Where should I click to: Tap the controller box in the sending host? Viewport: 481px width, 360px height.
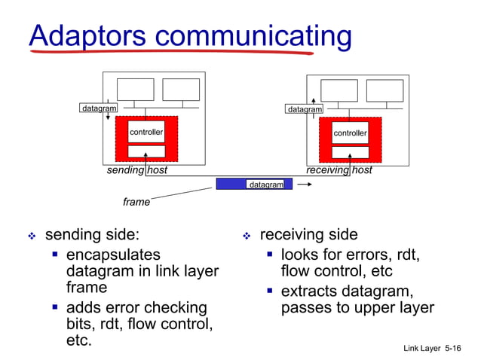[146, 133]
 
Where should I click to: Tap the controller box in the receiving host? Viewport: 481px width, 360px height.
[351, 133]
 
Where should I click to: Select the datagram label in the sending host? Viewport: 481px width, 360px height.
[99, 108]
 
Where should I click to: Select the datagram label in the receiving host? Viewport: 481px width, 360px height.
[305, 109]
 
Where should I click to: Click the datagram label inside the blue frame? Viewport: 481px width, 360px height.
[266, 185]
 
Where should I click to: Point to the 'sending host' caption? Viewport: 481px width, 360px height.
[136, 170]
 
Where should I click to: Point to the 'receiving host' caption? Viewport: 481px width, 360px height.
[339, 170]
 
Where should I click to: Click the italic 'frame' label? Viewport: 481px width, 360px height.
[136, 202]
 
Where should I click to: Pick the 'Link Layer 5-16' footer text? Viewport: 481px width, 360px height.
[432, 349]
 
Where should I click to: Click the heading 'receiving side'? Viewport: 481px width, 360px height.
[308, 235]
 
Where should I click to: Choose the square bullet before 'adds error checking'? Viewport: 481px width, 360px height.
[55, 307]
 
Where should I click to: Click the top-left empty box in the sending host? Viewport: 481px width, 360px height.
[135, 90]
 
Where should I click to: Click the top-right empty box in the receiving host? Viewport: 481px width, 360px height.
[384, 90]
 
